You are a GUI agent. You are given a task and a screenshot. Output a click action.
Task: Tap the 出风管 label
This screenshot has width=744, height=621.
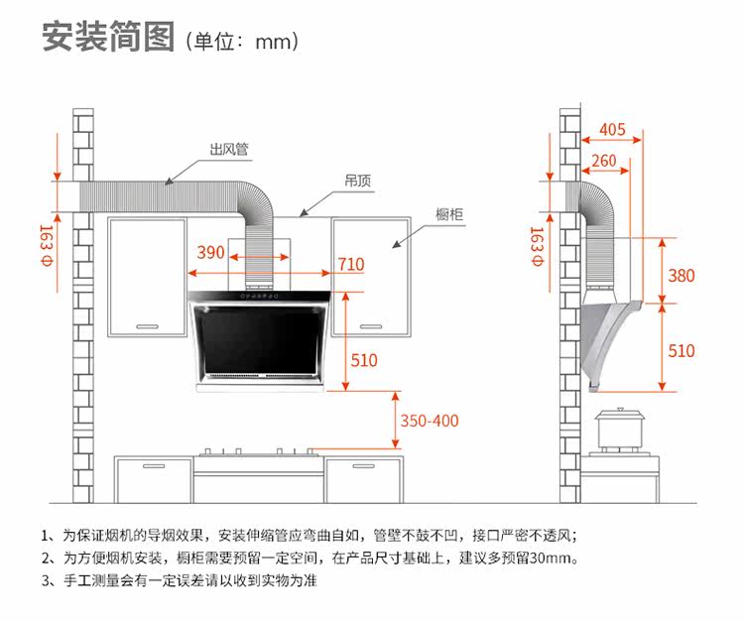click(x=228, y=151)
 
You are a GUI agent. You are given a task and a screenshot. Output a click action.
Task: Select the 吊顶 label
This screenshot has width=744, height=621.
click(x=358, y=182)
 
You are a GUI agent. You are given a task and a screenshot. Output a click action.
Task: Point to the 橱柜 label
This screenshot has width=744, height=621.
click(x=450, y=213)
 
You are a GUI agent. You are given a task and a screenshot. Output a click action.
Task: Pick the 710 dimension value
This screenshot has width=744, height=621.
click(x=350, y=264)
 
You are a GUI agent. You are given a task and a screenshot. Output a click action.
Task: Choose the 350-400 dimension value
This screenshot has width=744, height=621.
click(x=430, y=420)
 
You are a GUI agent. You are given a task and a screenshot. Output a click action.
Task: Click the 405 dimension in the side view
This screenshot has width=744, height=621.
click(x=612, y=130)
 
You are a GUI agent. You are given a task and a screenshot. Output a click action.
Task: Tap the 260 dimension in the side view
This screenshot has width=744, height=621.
click(x=603, y=161)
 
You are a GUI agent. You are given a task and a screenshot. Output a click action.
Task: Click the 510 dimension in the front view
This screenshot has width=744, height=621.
click(x=364, y=360)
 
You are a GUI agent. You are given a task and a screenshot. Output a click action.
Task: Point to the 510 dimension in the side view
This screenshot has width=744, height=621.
click(x=682, y=351)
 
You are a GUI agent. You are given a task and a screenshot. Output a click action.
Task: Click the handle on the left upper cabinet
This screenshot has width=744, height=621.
click(x=147, y=325)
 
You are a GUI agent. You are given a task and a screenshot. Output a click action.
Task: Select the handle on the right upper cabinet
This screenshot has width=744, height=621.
click(x=370, y=325)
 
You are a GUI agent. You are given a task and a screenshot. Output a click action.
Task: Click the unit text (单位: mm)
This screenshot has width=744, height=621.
click(x=242, y=43)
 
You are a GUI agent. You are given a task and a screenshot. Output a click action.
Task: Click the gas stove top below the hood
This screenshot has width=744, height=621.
click(x=258, y=454)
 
